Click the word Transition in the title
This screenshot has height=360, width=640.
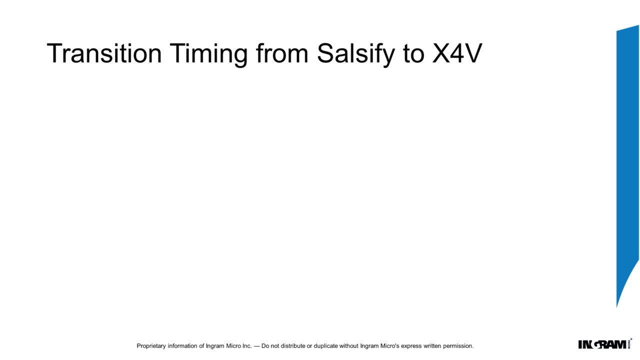(104, 53)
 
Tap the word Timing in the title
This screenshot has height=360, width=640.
(209, 55)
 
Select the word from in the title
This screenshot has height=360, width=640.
(282, 53)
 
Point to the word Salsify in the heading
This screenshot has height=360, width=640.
(356, 55)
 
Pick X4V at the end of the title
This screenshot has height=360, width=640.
(457, 53)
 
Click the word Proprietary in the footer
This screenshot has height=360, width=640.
(151, 346)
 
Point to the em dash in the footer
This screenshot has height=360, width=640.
(256, 346)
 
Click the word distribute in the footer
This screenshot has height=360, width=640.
(293, 345)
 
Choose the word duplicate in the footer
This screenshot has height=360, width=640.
(325, 346)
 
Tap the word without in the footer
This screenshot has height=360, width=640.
(348, 345)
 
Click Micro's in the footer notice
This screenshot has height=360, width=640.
(389, 345)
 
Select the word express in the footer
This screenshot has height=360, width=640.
(411, 346)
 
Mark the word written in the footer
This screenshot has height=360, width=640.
(432, 345)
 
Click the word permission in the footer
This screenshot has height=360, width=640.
(457, 346)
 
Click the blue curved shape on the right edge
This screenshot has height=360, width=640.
(627, 143)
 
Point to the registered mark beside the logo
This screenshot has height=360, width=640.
(631, 339)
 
